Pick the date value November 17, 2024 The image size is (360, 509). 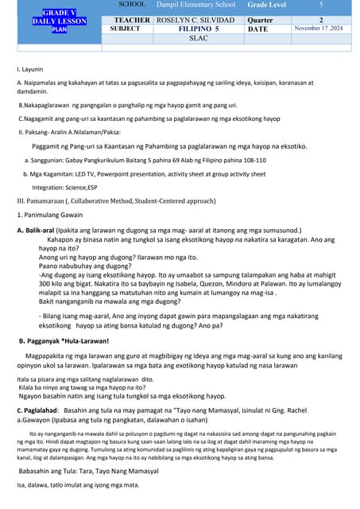coord(321,29)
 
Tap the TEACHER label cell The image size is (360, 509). coord(132,19)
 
